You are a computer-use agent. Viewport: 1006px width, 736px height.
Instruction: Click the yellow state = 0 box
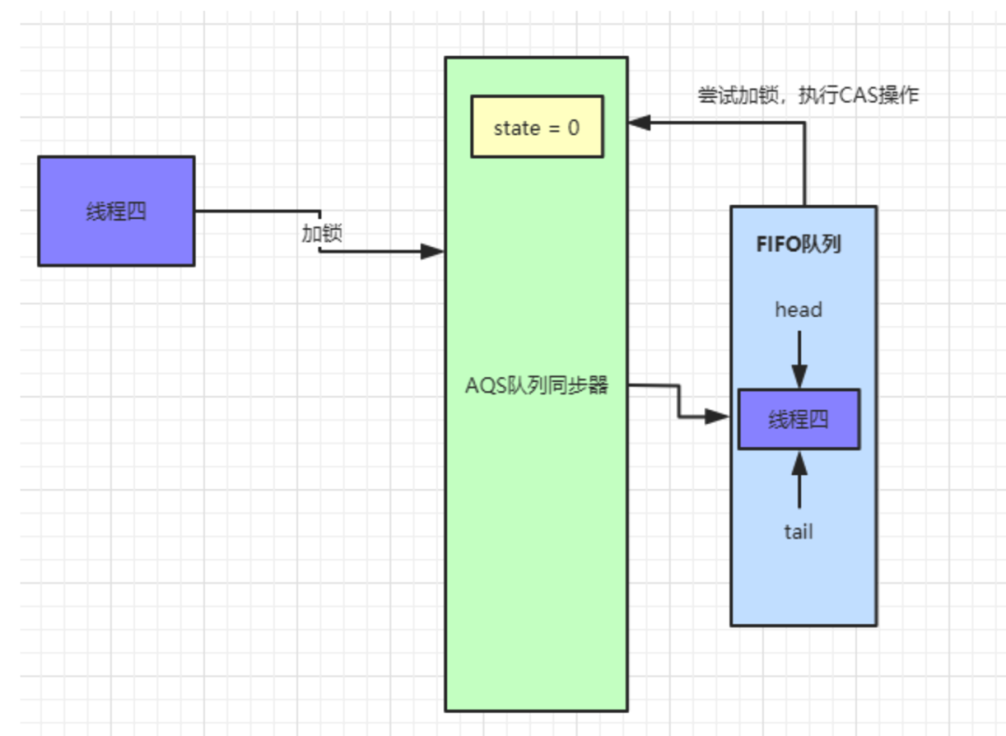(537, 126)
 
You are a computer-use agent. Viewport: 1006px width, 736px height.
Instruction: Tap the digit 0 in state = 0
(573, 128)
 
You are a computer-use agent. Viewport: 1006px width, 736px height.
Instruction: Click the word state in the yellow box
(516, 128)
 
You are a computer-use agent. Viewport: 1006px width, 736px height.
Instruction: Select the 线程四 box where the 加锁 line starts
(116, 211)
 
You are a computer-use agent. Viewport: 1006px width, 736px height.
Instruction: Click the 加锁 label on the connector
(321, 233)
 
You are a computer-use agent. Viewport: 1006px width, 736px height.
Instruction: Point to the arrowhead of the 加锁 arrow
(432, 252)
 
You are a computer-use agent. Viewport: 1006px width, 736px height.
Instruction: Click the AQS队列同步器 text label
(537, 386)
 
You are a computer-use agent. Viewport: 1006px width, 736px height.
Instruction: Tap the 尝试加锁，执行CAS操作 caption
(809, 95)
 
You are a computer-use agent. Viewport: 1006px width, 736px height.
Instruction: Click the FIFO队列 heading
(798, 245)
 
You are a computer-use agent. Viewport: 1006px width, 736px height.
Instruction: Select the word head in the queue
(798, 309)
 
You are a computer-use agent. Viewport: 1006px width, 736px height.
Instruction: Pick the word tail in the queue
(798, 531)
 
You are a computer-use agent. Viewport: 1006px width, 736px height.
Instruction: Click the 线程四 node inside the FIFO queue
(798, 419)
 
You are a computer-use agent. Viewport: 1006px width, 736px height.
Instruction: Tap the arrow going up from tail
(798, 480)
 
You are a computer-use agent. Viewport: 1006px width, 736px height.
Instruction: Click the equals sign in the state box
(553, 128)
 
